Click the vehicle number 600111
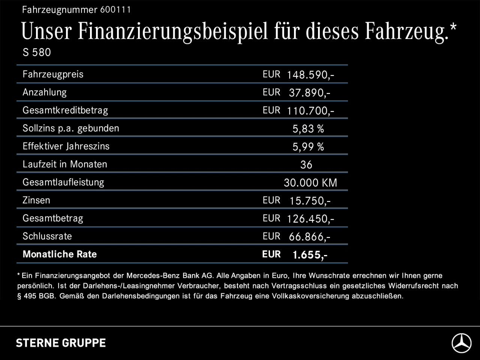(115, 10)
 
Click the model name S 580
(37, 52)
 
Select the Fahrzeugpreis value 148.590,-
(310, 75)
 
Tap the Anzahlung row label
(45, 92)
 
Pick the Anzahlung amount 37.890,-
(310, 93)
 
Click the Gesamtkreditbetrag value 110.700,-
(310, 111)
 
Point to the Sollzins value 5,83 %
(308, 129)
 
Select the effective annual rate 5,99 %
(308, 147)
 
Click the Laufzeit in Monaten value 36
(306, 165)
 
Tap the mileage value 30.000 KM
(310, 183)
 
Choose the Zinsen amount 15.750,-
(310, 201)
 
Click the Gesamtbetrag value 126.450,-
(310, 219)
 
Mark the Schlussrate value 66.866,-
(310, 237)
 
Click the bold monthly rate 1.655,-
(310, 255)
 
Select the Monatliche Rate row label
(60, 254)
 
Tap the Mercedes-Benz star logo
(461, 343)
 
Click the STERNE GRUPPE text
(61, 343)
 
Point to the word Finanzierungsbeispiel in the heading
(173, 31)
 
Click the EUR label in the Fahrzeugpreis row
(271, 74)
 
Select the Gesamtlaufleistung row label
(63, 182)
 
